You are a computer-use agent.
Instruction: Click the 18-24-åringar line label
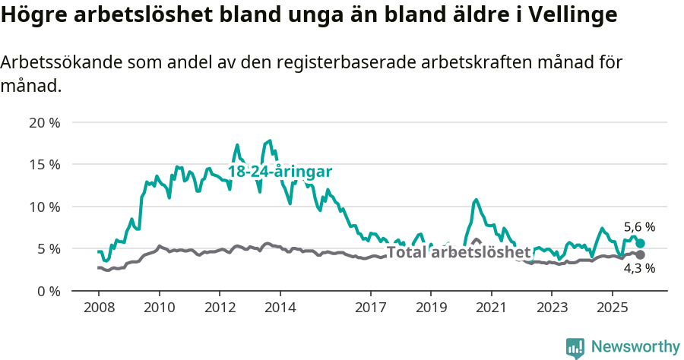pos(280,172)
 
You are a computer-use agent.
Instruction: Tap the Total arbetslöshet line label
pos(458,252)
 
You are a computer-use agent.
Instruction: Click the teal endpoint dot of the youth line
pos(640,243)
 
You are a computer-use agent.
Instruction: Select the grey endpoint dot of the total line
pos(640,254)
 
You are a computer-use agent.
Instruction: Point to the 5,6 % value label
pos(639,226)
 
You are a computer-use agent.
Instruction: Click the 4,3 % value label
pos(639,268)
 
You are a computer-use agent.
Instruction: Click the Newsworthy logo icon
pos(575,348)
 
